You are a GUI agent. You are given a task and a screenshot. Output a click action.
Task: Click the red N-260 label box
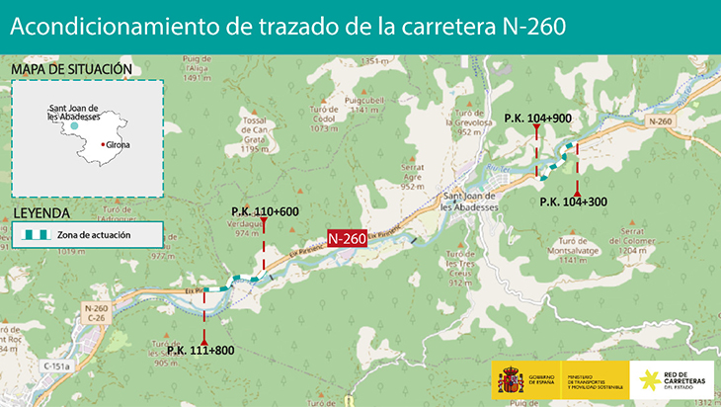pyautogui.click(x=347, y=238)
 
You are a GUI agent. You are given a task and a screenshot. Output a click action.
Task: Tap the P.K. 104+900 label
pyautogui.click(x=536, y=118)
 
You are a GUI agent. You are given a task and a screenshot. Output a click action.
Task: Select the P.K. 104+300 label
pyautogui.click(x=574, y=202)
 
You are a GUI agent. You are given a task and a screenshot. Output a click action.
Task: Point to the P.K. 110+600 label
pyautogui.click(x=265, y=211)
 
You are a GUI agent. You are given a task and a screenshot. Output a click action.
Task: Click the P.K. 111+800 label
pyautogui.click(x=200, y=350)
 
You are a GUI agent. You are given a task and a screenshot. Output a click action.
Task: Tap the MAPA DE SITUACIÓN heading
pyautogui.click(x=70, y=69)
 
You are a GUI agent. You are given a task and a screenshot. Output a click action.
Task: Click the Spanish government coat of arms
pyautogui.click(x=510, y=378)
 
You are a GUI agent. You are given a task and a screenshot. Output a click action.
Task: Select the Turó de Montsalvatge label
pyautogui.click(x=572, y=249)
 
